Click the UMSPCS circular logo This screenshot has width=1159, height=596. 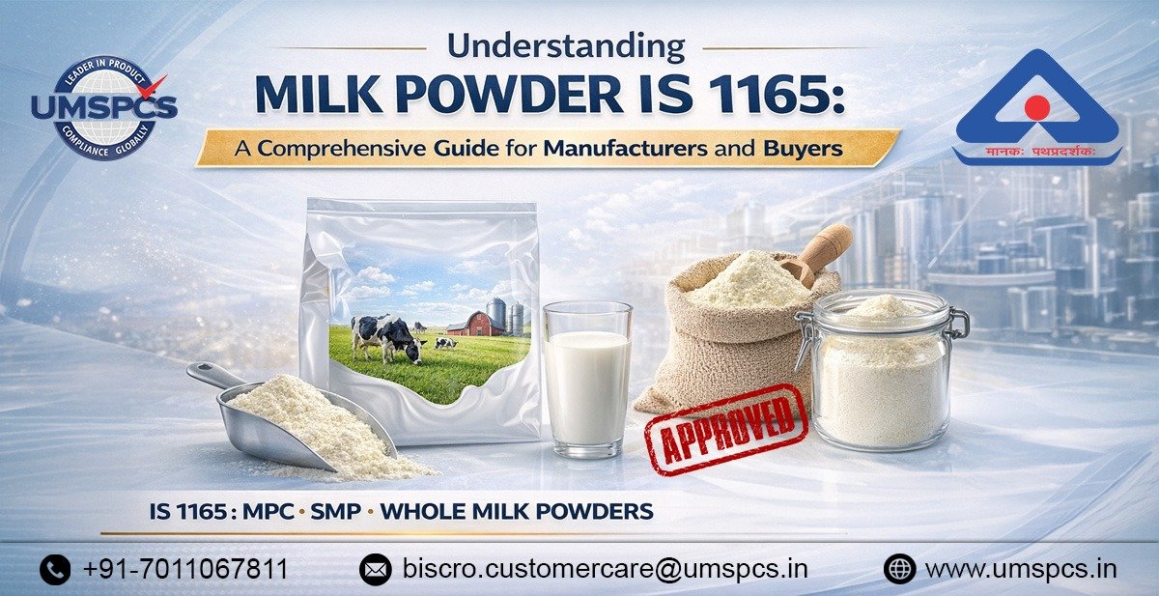[103, 106]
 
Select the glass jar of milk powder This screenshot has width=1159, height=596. [882, 372]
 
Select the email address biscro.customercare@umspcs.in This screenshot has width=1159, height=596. [606, 569]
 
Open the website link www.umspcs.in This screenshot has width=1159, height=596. [1020, 569]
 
